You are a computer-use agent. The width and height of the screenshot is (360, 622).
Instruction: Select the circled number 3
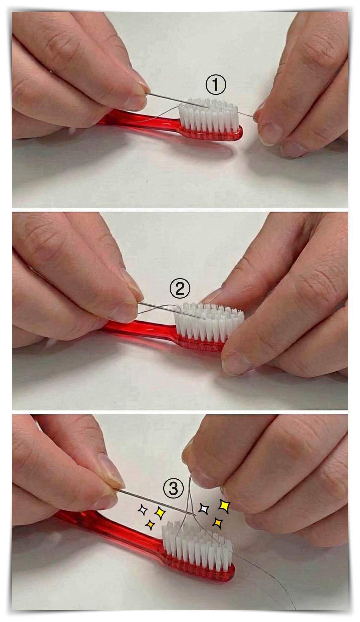tap(173, 489)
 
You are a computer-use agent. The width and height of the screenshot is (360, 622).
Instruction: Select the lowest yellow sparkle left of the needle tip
tap(150, 524)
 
